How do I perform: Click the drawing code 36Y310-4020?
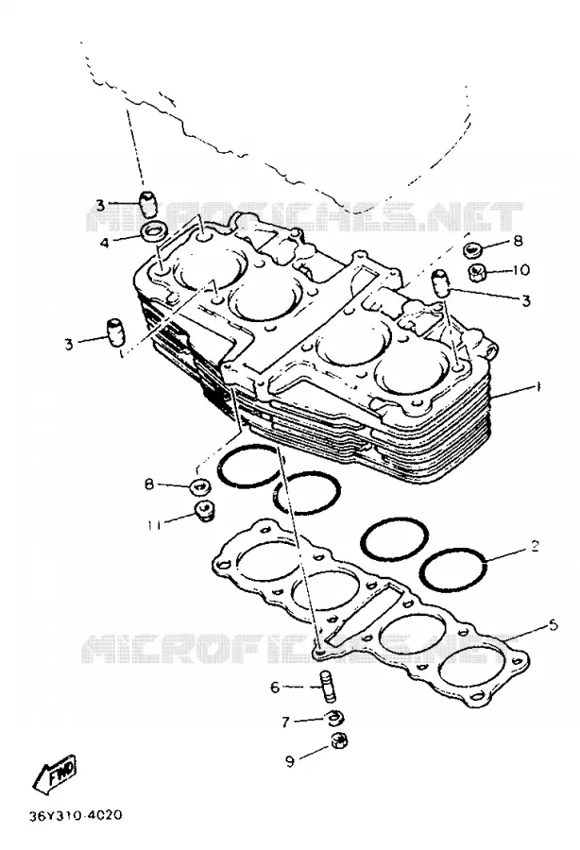pyautogui.click(x=76, y=815)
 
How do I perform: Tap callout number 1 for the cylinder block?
pyautogui.click(x=537, y=387)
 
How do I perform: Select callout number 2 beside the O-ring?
pyautogui.click(x=535, y=546)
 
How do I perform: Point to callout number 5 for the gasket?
pyautogui.click(x=553, y=625)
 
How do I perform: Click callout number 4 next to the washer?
pyautogui.click(x=105, y=242)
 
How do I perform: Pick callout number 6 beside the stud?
pyautogui.click(x=275, y=688)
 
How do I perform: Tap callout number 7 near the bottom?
pyautogui.click(x=285, y=722)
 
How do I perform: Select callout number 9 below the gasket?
pyautogui.click(x=290, y=761)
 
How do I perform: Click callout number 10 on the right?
pyautogui.click(x=520, y=269)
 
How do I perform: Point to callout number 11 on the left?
pyautogui.click(x=155, y=524)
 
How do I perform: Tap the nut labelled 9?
pyautogui.click(x=340, y=739)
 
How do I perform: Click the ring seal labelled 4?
pyautogui.click(x=154, y=232)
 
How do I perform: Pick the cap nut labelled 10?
pyautogui.click(x=476, y=270)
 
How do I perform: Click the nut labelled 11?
pyautogui.click(x=205, y=511)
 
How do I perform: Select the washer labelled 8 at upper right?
pyautogui.click(x=473, y=250)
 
